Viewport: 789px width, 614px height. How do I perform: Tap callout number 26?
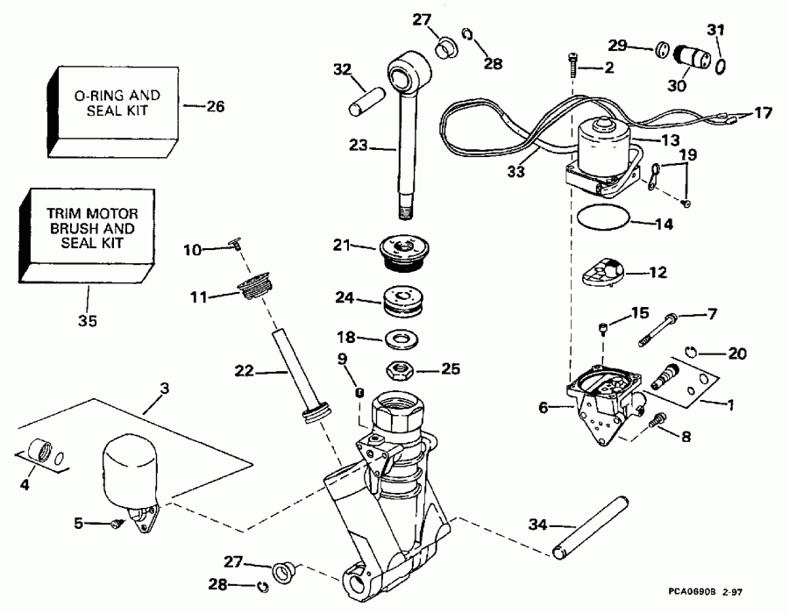215,107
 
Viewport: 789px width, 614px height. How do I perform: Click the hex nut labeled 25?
397,369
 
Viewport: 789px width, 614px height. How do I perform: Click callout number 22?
245,371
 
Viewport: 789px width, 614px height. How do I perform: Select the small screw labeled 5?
116,524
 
